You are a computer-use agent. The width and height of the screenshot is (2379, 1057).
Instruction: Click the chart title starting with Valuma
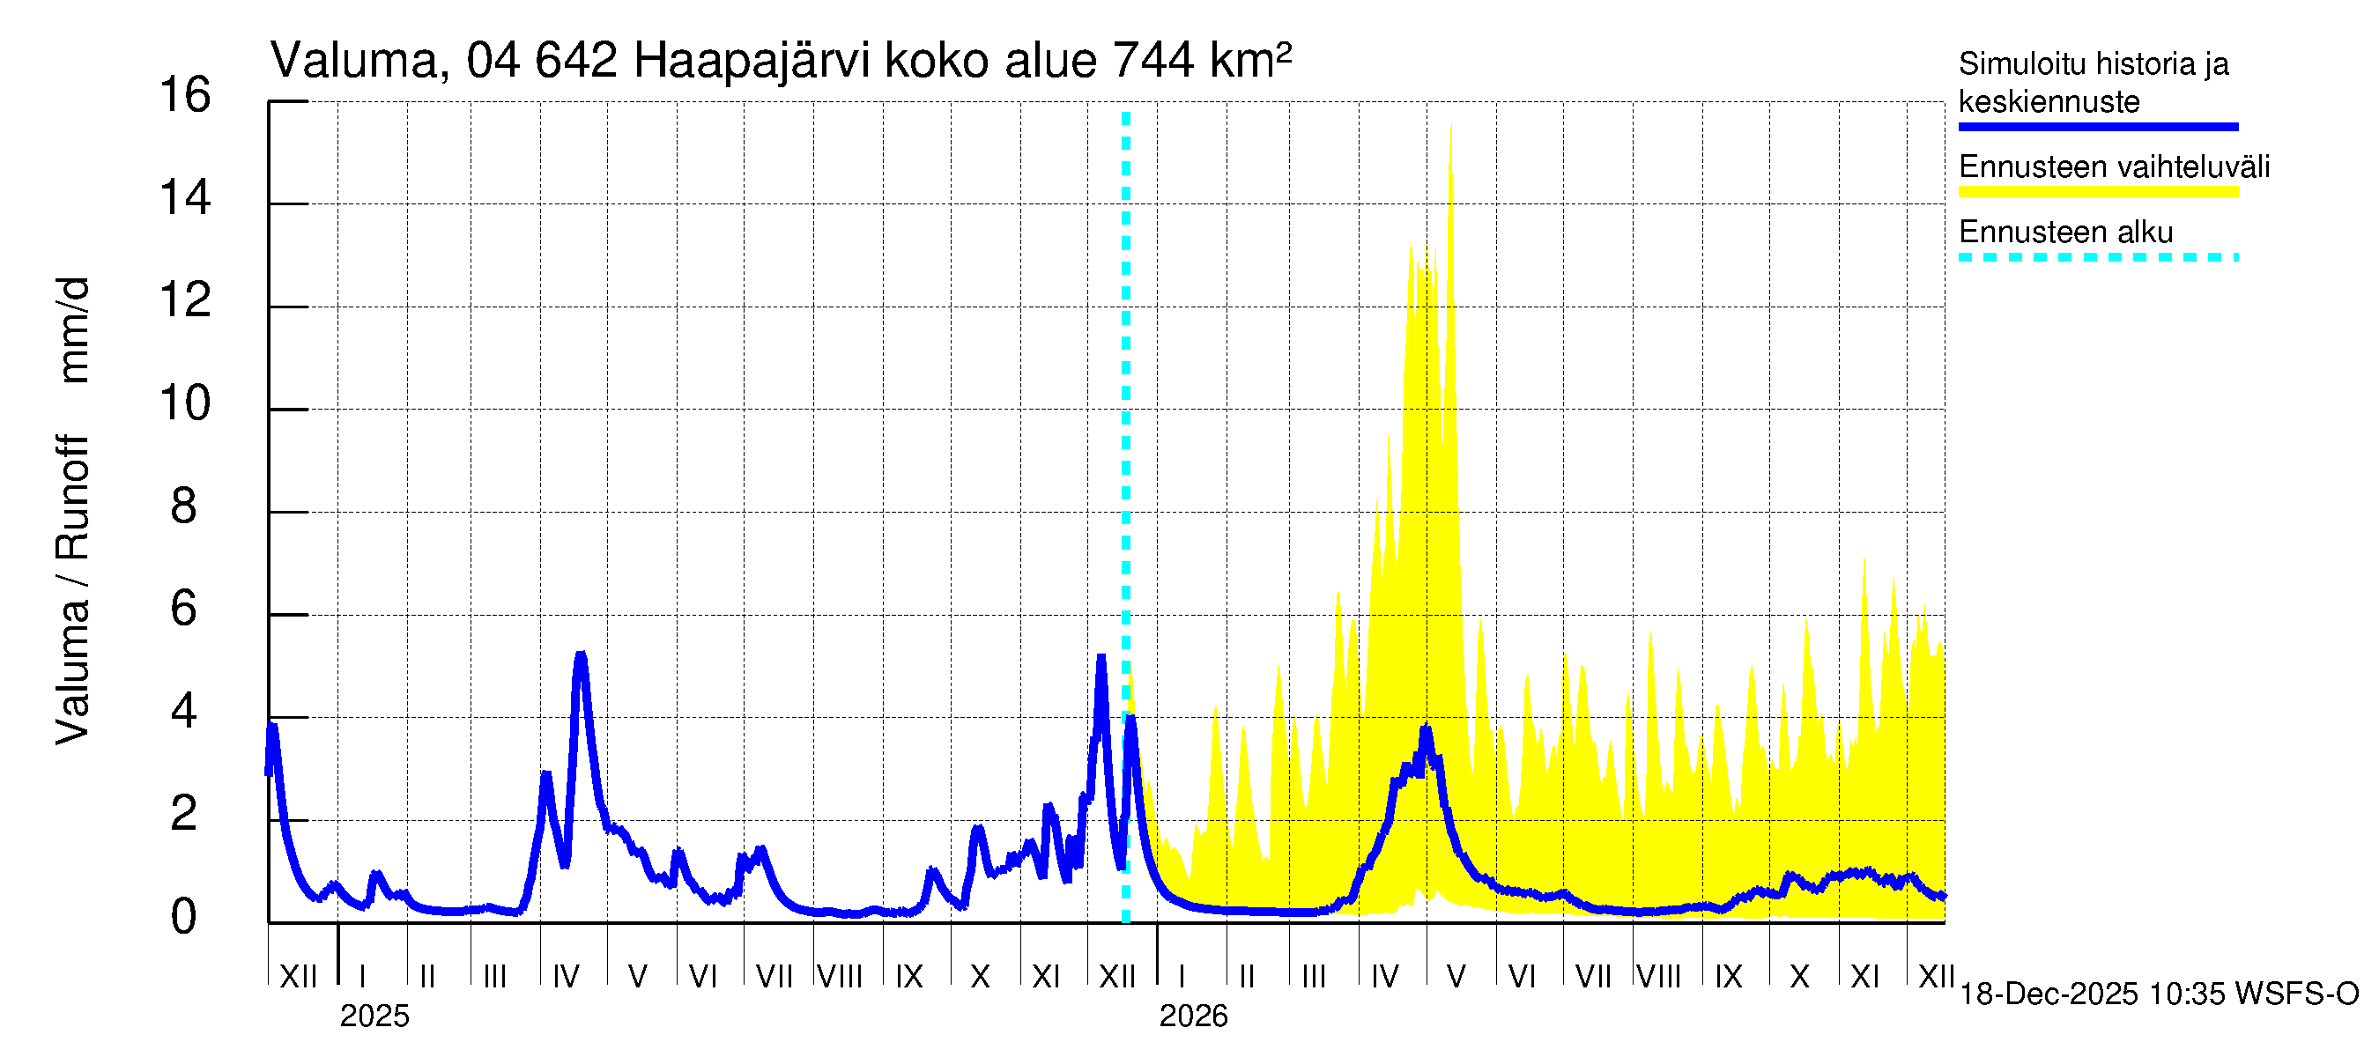pos(780,61)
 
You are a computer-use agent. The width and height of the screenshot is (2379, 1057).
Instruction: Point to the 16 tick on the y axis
pos(185,95)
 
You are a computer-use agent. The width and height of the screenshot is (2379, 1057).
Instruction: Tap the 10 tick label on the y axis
pos(185,403)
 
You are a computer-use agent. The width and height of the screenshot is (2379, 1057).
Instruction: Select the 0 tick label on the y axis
pos(184,917)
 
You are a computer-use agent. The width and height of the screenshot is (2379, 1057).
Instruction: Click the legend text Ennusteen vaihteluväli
pos(2114,167)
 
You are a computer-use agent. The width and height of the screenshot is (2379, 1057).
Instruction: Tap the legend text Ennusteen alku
pos(2066,232)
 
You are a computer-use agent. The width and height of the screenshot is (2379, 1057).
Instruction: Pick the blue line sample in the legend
pos(2098,127)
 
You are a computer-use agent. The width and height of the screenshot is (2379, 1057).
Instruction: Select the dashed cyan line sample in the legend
pos(2098,257)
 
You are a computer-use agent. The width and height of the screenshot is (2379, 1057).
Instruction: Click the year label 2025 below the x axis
pos(374,1016)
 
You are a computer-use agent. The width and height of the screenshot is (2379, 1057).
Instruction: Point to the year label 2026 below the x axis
pos(1193,1016)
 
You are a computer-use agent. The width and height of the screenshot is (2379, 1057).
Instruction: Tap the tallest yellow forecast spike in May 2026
pos(1451,128)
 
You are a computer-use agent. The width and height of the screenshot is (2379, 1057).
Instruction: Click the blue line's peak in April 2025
pos(580,655)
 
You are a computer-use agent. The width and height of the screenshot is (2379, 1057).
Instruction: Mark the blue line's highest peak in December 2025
pos(1101,657)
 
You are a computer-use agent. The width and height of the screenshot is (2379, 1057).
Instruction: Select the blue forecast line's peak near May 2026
pos(1427,729)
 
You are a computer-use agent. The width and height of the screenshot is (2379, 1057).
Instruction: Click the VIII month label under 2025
pos(840,976)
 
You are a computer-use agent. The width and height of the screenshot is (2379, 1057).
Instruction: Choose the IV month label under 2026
pos(1384,976)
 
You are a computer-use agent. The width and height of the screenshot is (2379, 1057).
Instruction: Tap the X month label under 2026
pos(1799,976)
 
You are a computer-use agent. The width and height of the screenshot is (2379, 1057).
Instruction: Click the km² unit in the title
pos(1250,61)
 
